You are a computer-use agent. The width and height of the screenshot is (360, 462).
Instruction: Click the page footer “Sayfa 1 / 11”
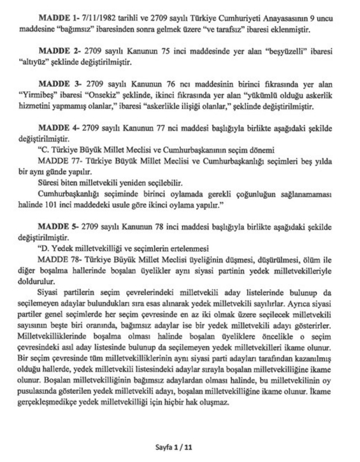[180, 445]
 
